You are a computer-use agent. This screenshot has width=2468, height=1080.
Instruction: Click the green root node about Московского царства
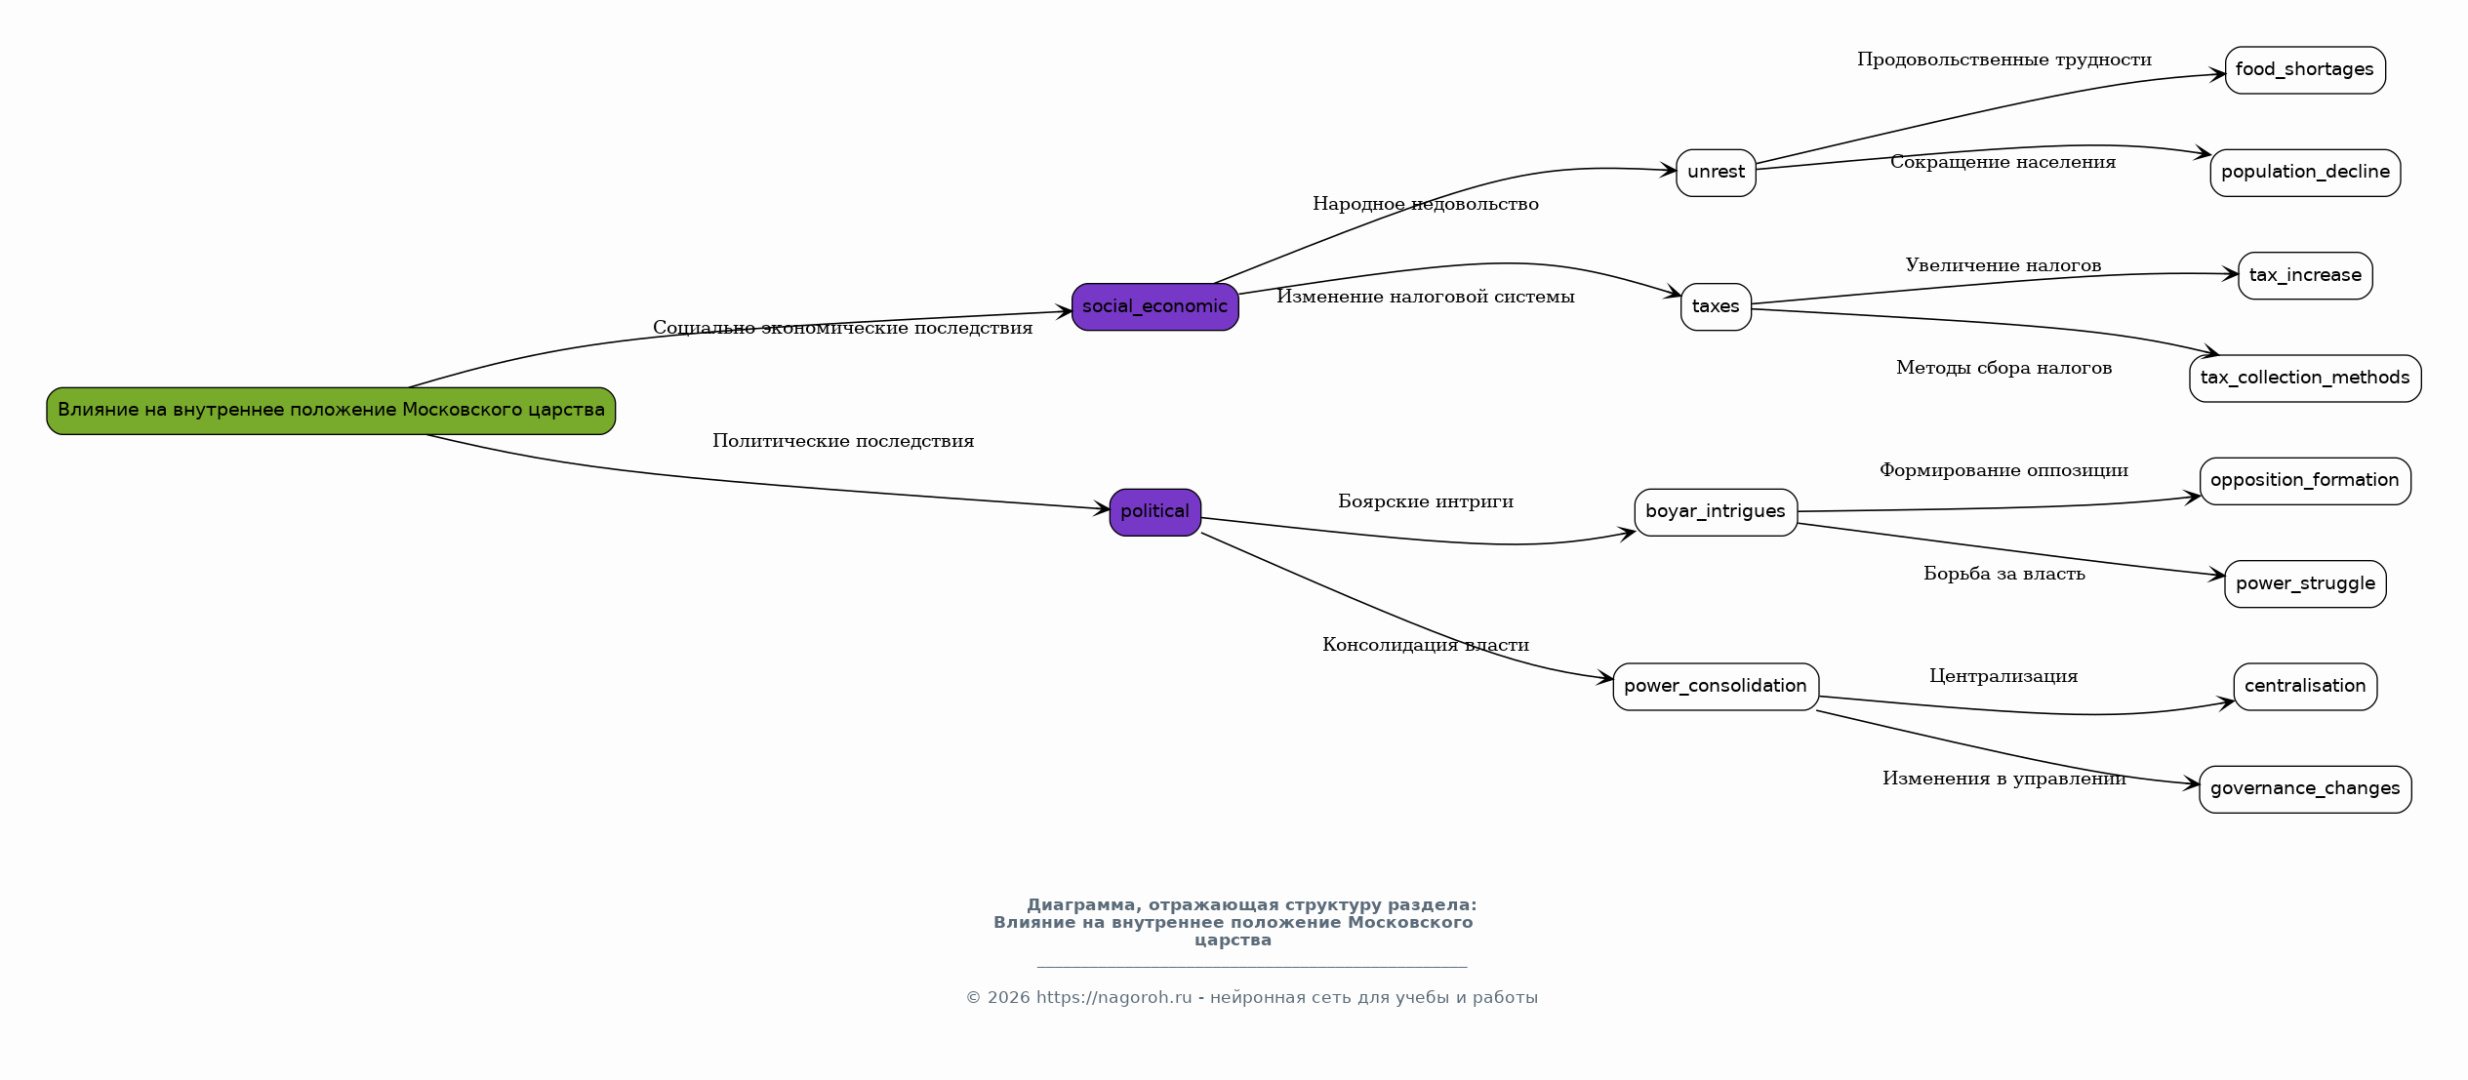[331, 411]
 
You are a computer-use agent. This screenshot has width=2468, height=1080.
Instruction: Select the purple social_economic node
[1155, 307]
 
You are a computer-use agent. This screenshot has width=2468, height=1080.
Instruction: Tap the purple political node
[1155, 512]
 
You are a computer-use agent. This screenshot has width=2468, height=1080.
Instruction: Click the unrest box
[1716, 173]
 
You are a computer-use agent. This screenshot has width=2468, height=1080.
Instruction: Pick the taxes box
[1716, 307]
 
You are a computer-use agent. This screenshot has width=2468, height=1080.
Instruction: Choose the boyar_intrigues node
[1716, 512]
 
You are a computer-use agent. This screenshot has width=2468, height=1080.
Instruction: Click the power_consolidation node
[1716, 687]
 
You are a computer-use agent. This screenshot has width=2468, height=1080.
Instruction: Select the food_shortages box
[2305, 70]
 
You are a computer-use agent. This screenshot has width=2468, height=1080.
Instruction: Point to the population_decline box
[2305, 173]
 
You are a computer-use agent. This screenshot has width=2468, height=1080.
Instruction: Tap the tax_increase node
[2305, 276]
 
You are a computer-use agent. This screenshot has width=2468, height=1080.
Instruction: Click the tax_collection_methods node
[2305, 379]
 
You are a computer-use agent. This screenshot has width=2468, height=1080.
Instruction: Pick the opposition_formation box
[2305, 481]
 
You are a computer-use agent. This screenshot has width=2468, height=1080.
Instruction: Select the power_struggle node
[2305, 584]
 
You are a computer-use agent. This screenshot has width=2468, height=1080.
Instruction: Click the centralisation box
[2305, 687]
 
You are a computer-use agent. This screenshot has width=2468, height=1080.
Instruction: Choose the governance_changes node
[2305, 789]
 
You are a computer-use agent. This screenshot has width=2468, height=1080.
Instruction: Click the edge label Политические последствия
[843, 441]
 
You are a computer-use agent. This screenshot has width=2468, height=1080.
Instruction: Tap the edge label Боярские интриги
[1426, 501]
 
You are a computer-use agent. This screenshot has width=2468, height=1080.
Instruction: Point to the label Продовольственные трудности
[2004, 60]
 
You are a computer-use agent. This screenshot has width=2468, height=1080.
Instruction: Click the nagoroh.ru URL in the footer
[1114, 998]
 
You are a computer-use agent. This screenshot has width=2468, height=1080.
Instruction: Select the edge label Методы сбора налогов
[2004, 368]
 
